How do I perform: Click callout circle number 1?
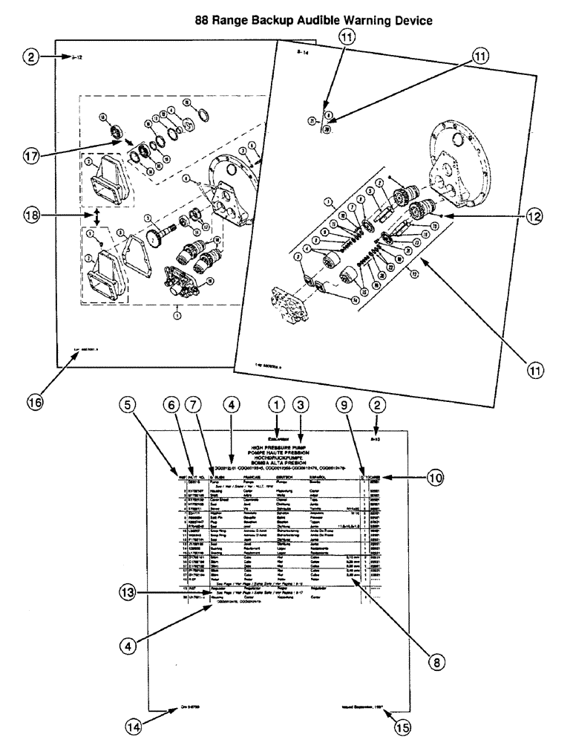(x=277, y=405)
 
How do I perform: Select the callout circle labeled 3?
(x=301, y=405)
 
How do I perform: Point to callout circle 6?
(x=171, y=405)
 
